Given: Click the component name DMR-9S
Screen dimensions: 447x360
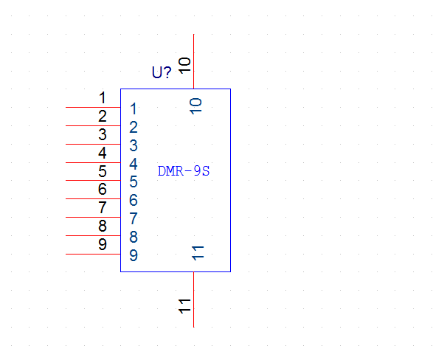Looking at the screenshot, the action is tap(184, 171).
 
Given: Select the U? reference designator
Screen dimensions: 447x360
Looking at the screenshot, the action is tap(162, 72).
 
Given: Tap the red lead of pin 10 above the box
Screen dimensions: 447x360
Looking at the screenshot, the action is tap(194, 61).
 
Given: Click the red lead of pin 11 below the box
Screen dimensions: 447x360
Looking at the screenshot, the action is tap(194, 300).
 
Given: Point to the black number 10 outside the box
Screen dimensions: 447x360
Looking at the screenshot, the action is tap(184, 66).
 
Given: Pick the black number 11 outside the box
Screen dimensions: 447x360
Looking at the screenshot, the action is tap(184, 306).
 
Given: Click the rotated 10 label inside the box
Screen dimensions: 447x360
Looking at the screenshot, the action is tap(196, 106).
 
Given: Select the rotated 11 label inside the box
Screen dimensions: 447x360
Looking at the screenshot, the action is tap(198, 253).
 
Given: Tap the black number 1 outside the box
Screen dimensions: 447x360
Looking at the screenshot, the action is tap(103, 98).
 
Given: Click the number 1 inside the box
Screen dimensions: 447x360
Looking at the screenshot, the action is tap(133, 108).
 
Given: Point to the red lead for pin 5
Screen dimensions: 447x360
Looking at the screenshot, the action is tap(93, 181).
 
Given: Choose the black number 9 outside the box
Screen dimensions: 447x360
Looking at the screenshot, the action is tap(103, 244).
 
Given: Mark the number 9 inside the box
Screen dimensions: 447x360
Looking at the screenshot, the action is tap(134, 255).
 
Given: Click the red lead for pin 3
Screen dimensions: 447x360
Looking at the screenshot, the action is tap(93, 145).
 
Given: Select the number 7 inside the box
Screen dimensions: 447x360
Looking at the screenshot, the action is tap(134, 218).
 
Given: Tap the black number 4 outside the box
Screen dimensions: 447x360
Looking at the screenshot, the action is tap(103, 153).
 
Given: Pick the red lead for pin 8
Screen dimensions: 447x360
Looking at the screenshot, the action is tap(93, 236).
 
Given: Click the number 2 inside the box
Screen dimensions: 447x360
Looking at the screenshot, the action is tap(134, 127).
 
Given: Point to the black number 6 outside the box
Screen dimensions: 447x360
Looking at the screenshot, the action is tap(103, 189).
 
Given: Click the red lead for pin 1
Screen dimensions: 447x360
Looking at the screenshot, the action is tap(93, 108).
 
